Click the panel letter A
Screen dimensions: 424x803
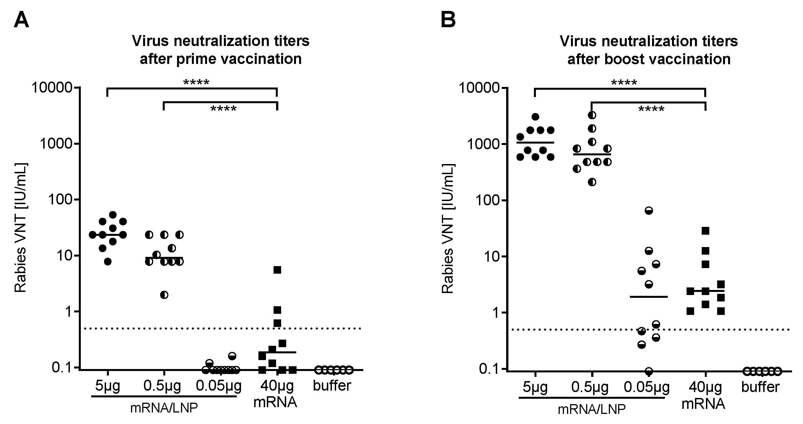tap(22, 20)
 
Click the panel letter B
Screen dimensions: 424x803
tap(448, 20)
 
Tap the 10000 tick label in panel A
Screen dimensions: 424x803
tap(52, 88)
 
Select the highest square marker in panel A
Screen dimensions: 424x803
tap(277, 270)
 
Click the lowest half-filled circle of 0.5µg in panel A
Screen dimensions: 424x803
tap(164, 295)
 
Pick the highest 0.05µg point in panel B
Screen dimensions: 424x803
tap(649, 211)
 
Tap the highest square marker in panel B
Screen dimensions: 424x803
tap(705, 231)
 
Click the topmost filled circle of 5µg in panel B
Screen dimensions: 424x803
tap(535, 117)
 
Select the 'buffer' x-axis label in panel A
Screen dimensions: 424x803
tap(332, 386)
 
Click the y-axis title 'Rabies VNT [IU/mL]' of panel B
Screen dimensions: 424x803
tap(448, 229)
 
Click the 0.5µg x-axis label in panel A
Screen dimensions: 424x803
tap(162, 386)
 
